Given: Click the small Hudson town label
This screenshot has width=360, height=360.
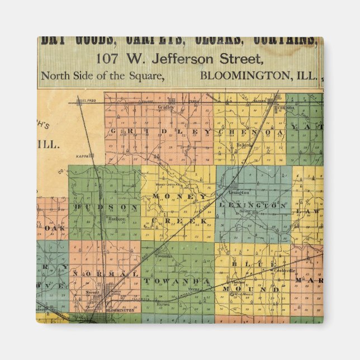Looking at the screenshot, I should [116, 219].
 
